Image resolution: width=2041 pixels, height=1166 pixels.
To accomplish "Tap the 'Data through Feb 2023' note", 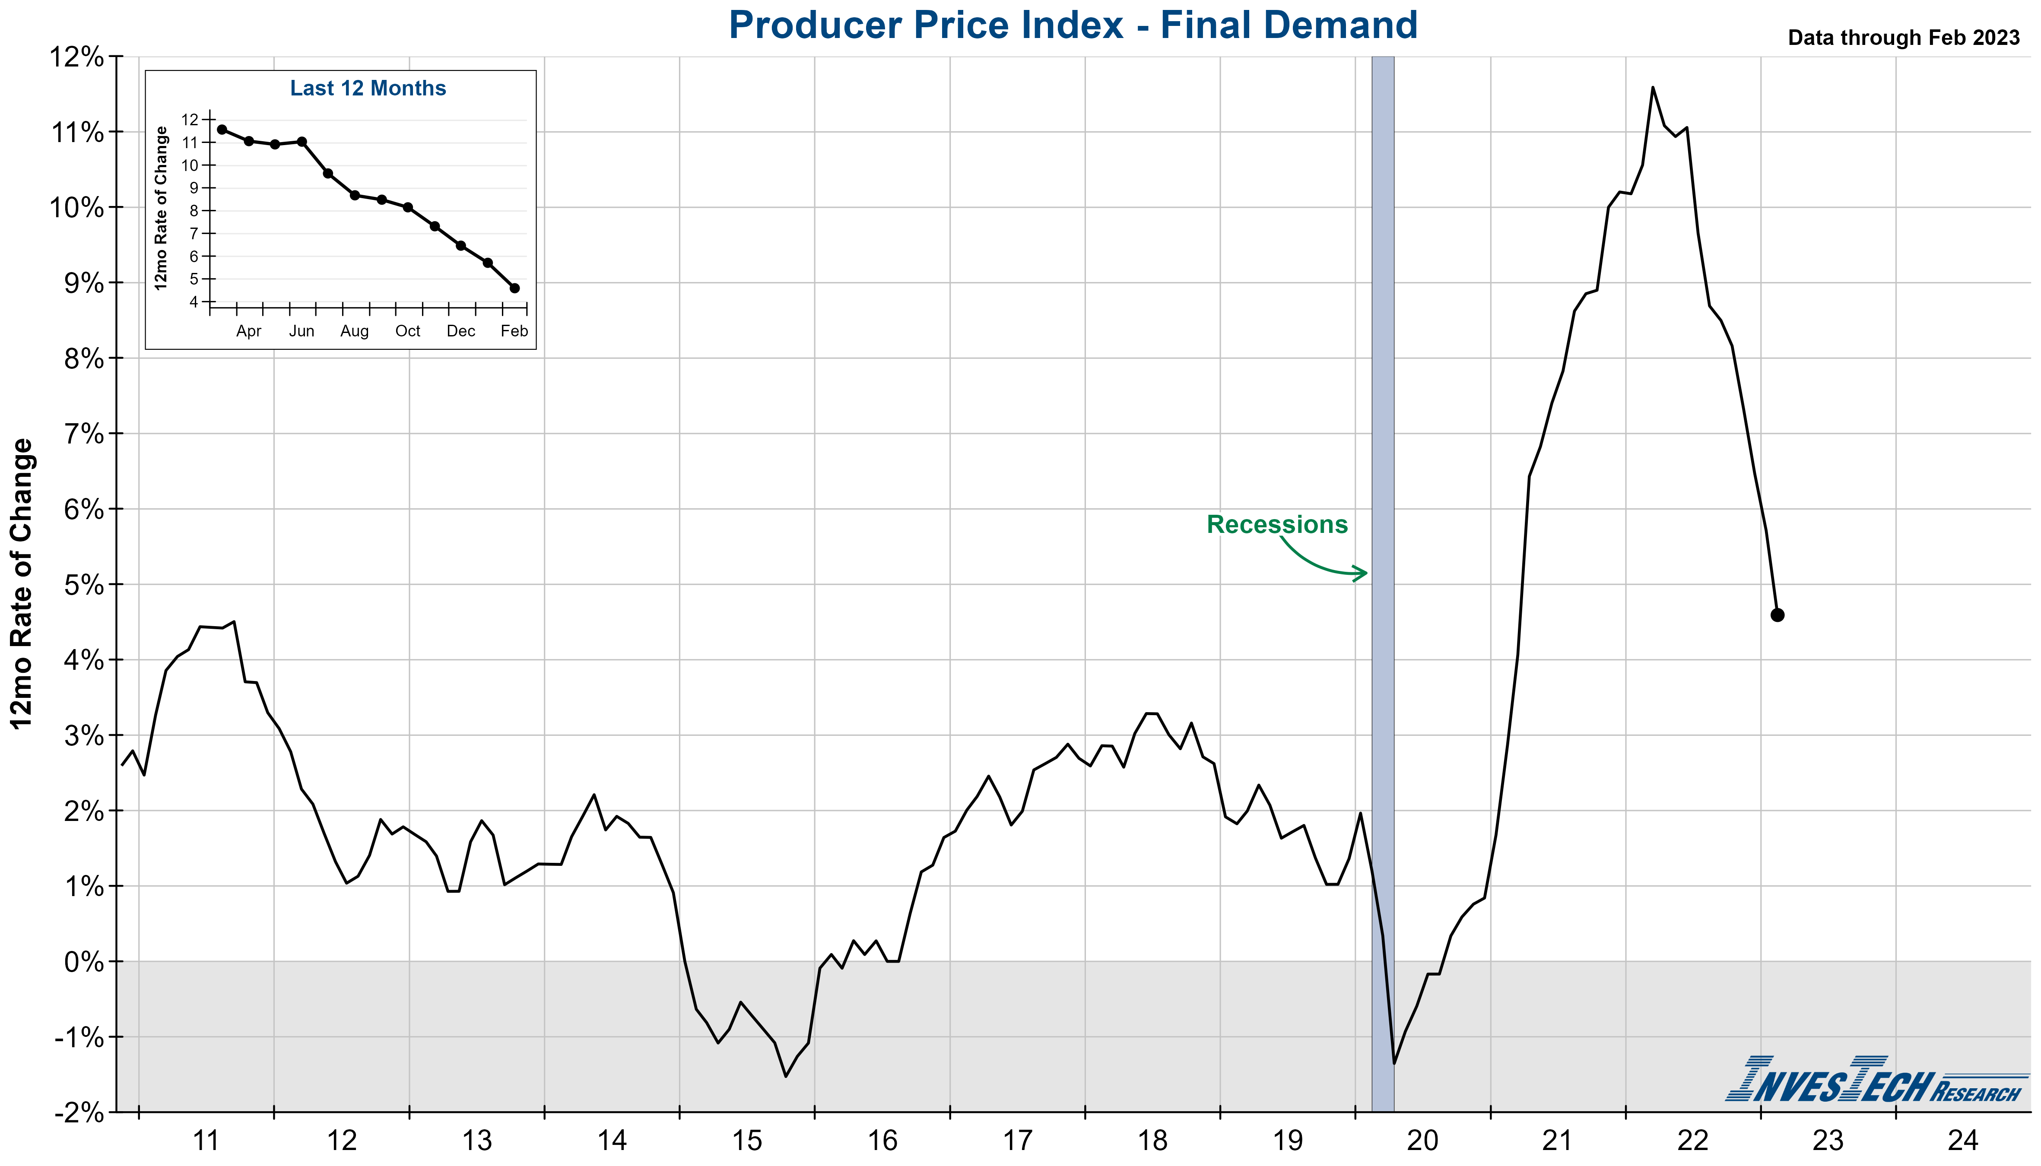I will (x=1903, y=38).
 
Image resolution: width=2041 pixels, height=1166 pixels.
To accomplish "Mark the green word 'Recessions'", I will (x=1277, y=525).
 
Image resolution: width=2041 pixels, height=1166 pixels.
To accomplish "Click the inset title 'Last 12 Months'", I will (x=368, y=88).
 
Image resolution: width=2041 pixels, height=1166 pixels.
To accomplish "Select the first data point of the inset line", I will (x=222, y=130).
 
